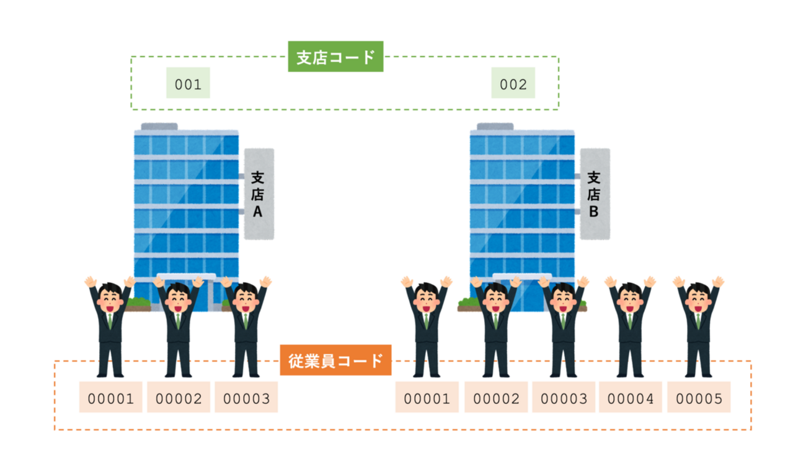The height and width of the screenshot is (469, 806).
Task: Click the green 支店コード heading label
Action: pyautogui.click(x=335, y=57)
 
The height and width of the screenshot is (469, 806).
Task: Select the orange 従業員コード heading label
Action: pyautogui.click(x=335, y=360)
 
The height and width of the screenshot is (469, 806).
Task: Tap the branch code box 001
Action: pyautogui.click(x=188, y=84)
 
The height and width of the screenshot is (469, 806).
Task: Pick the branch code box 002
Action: pyautogui.click(x=513, y=84)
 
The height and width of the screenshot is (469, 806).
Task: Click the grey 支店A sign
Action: pyautogui.click(x=259, y=194)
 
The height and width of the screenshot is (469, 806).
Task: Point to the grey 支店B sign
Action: pyautogui.click(x=594, y=194)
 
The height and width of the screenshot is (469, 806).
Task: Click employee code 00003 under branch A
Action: pyautogui.click(x=246, y=398)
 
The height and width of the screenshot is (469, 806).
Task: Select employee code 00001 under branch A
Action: pyautogui.click(x=111, y=398)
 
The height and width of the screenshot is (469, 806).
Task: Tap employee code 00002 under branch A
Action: pyautogui.click(x=179, y=398)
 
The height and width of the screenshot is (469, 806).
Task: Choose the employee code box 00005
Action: pyautogui.click(x=699, y=398)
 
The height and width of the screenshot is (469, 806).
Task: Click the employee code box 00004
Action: pyautogui.click(x=631, y=398)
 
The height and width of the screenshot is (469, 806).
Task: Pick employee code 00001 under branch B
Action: pyautogui.click(x=427, y=398)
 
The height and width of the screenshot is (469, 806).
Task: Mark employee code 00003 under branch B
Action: pyautogui.click(x=563, y=398)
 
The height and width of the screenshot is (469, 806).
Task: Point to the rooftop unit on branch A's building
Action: pyautogui.click(x=159, y=127)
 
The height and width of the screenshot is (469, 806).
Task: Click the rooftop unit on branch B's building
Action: pyautogui.click(x=495, y=127)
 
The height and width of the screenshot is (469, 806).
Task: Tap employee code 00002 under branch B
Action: pyautogui.click(x=495, y=398)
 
